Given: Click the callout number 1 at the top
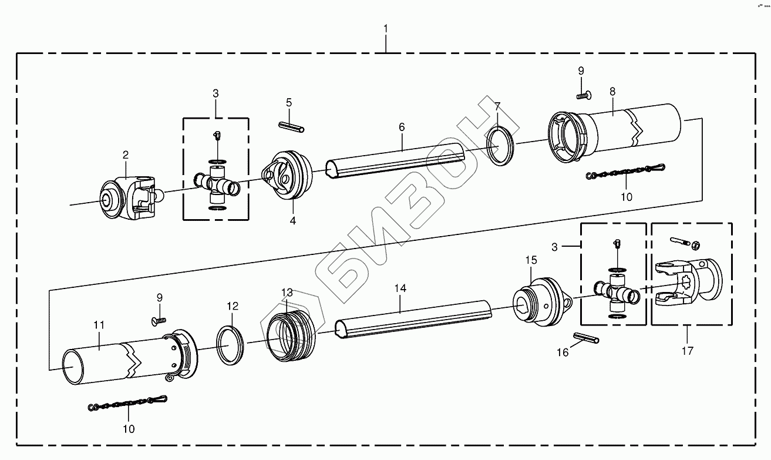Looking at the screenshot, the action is tap(385, 28).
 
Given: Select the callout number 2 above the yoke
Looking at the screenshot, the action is tap(125, 155).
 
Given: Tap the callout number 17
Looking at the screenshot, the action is tap(687, 351).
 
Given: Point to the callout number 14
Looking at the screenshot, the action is tap(400, 288).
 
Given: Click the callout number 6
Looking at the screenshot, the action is tap(402, 127).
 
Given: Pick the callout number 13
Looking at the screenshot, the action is tap(287, 292).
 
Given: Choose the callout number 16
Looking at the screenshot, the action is tap(563, 353).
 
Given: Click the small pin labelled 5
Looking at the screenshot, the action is tap(291, 124).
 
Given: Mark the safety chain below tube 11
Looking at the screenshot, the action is tap(128, 402).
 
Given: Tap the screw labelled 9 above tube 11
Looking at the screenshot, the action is tap(159, 320).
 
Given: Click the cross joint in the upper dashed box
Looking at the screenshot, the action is tap(217, 181).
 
